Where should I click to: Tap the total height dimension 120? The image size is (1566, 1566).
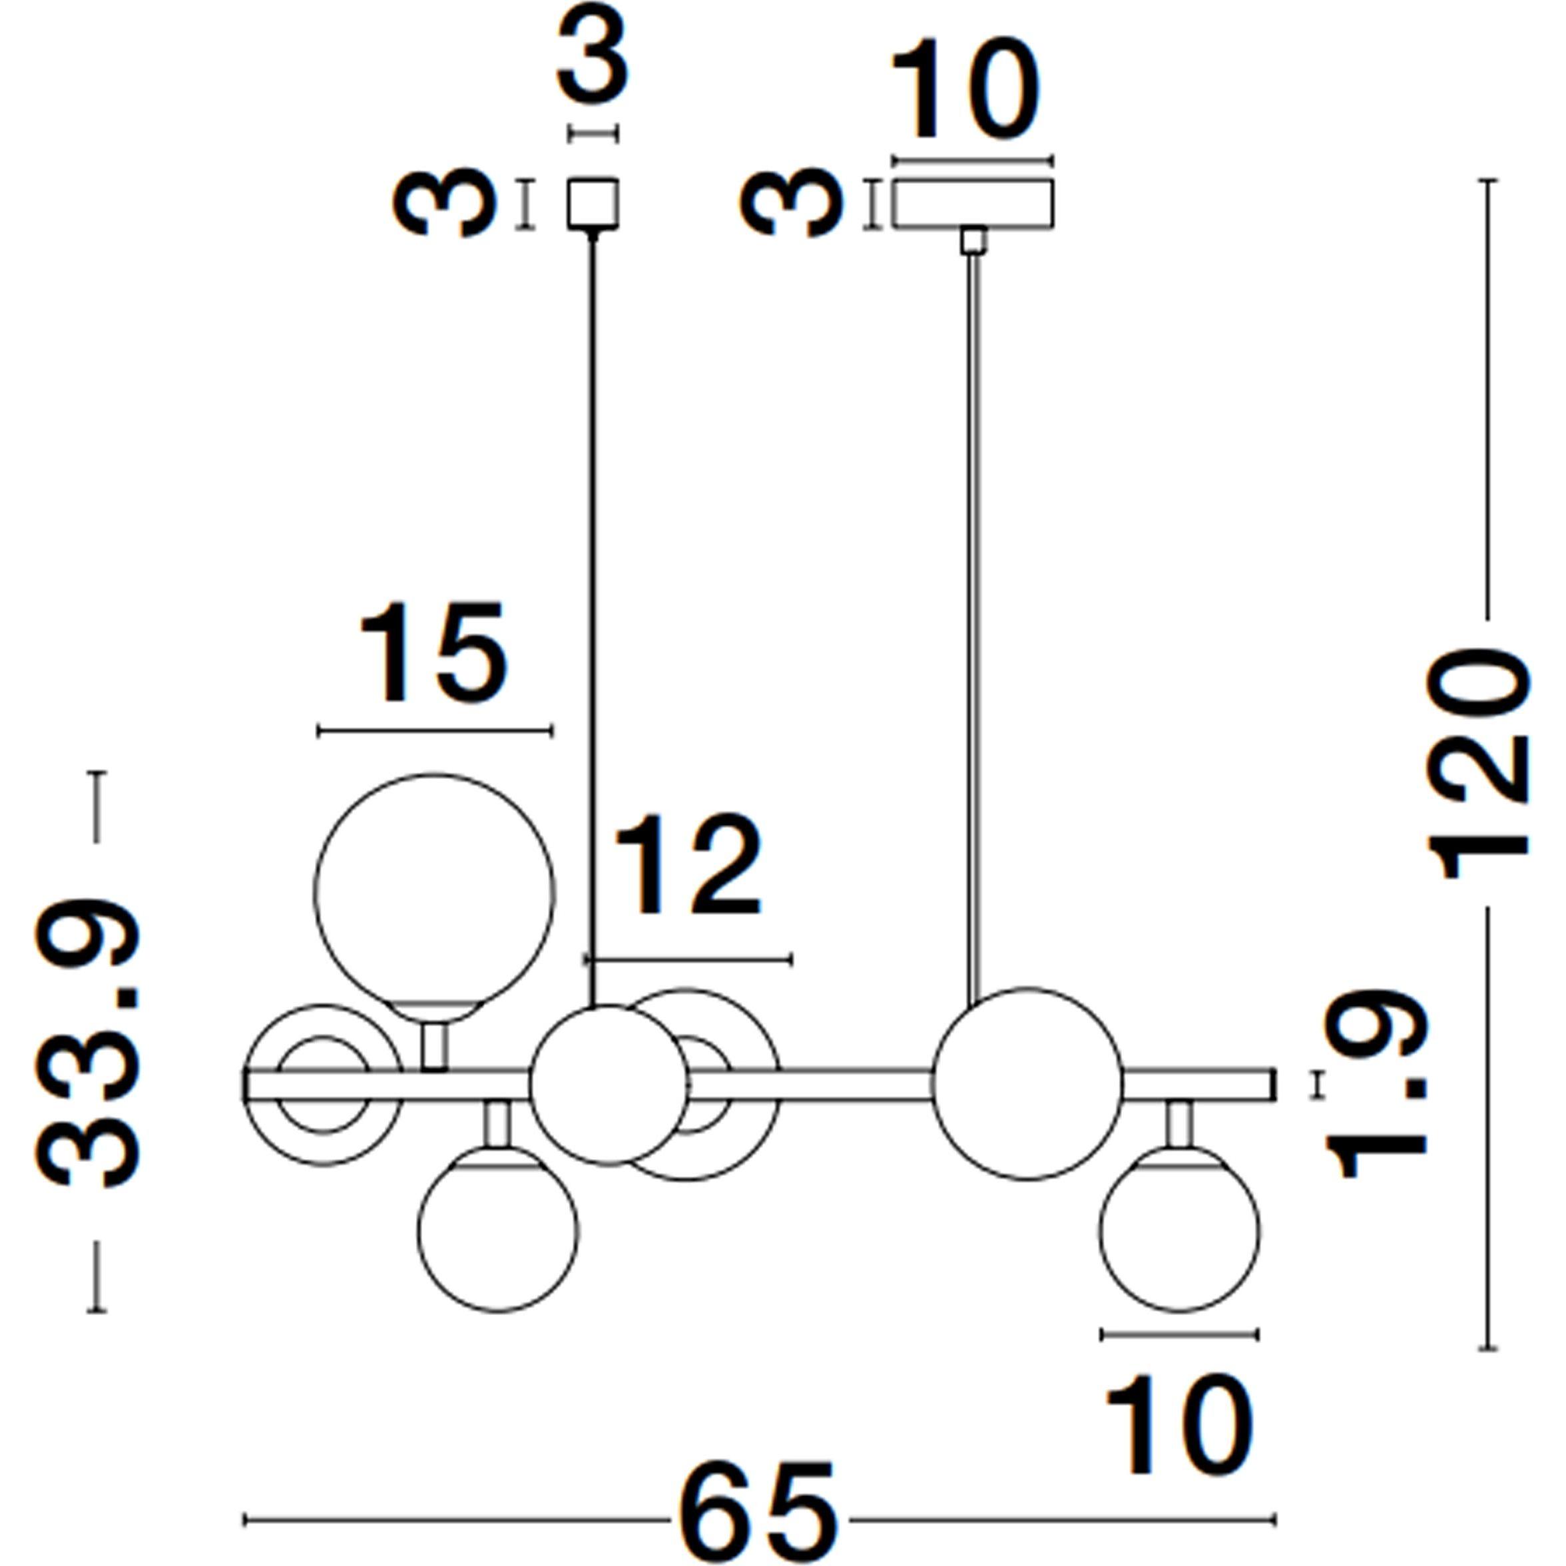coord(1477,764)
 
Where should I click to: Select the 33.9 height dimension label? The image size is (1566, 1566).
coord(87,1040)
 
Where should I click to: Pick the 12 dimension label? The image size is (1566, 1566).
coord(688,865)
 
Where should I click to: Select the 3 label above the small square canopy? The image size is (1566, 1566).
coord(593,53)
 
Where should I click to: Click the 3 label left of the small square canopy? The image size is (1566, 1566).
coord(443,202)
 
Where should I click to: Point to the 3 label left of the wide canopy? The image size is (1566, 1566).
coord(790,202)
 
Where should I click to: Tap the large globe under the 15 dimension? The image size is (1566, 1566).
coord(435,894)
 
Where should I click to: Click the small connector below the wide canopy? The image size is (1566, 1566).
coord(973,242)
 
